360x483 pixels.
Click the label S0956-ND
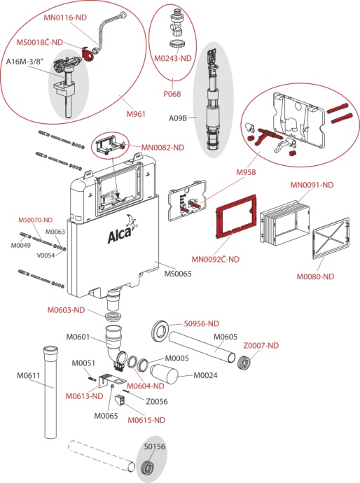[202, 323]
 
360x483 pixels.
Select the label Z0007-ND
[261, 345]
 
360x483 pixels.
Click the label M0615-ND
[146, 420]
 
